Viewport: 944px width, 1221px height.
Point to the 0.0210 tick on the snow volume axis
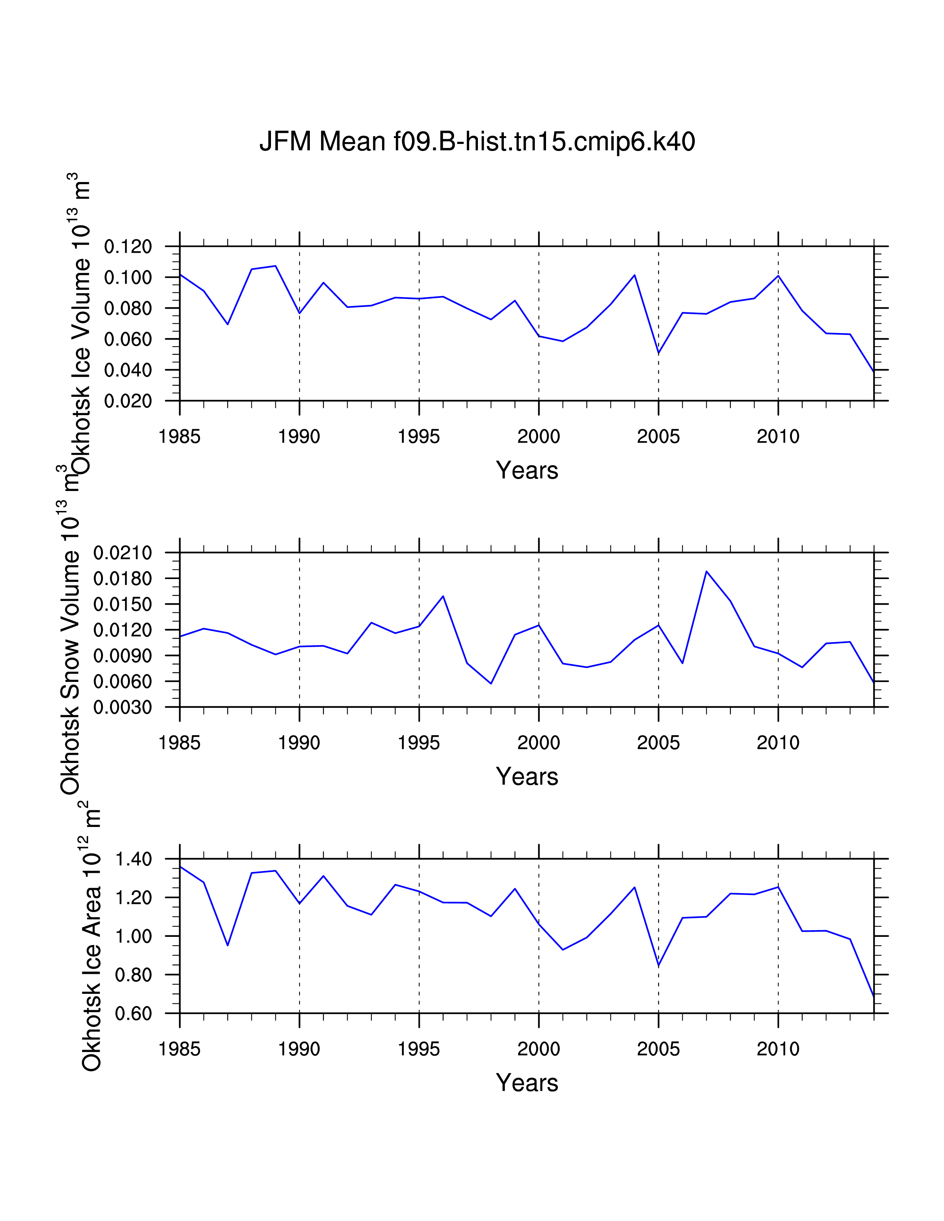click(x=123, y=553)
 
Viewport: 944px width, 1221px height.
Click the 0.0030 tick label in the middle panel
click(x=123, y=707)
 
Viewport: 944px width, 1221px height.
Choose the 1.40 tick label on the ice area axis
click(x=133, y=859)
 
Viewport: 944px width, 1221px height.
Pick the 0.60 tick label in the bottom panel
click(x=133, y=1013)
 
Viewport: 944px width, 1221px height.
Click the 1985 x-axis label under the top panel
click(x=180, y=437)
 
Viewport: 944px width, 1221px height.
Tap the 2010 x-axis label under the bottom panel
click(x=778, y=1049)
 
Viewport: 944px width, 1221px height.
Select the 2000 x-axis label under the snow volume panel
click(x=539, y=743)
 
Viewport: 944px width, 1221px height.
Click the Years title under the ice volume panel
click(x=527, y=470)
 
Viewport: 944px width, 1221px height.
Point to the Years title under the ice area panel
click(x=527, y=1083)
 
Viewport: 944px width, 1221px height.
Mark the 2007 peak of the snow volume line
click(x=706, y=571)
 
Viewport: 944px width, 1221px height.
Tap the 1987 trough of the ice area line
click(x=228, y=945)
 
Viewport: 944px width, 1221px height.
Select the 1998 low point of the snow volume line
click(x=491, y=683)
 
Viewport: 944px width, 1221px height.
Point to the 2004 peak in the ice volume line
click(x=634, y=275)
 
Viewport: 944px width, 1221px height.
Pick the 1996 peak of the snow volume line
click(x=443, y=596)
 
